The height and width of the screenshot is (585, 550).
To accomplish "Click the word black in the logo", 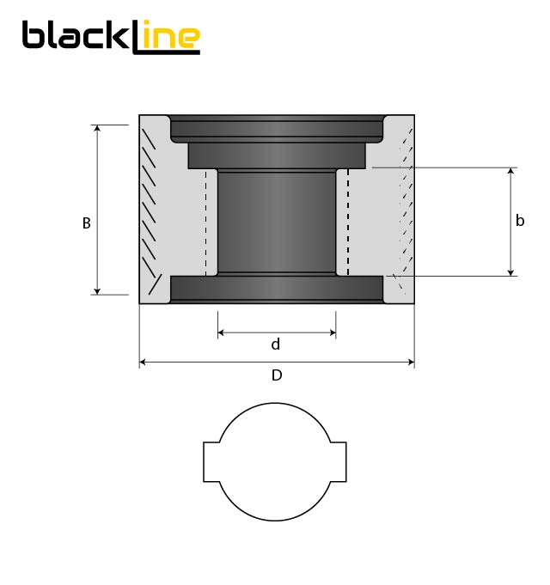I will pos(77,36).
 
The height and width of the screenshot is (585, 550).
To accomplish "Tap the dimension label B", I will pos(86,222).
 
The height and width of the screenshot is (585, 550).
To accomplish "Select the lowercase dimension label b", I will pos(520,221).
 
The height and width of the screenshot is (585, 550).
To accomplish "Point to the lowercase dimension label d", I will pos(276,344).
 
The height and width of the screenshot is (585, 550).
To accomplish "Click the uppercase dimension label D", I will pos(277,375).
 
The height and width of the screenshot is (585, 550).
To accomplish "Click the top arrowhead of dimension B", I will pos(97,129).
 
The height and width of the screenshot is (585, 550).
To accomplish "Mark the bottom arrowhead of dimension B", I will pos(97,290).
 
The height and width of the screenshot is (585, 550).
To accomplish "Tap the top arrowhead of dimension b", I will pos(511,172).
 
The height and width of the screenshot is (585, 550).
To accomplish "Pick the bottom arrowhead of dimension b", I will pos(511,271).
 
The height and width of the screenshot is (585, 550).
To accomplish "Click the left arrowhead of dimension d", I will pos(222,333).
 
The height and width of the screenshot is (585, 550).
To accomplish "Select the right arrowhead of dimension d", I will pos(332,333).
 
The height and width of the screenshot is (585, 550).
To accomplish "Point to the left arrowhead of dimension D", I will pos(144,363).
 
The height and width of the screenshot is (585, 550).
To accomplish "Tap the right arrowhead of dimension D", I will pos(410,363).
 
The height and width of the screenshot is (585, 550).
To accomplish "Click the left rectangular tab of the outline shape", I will pos(211,462).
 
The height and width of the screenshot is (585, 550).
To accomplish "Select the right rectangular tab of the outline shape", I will pos(339,462).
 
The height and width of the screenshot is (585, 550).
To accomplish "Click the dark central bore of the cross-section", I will pos(277,222).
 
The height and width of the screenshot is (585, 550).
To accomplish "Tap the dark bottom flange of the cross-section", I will pos(277,289).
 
